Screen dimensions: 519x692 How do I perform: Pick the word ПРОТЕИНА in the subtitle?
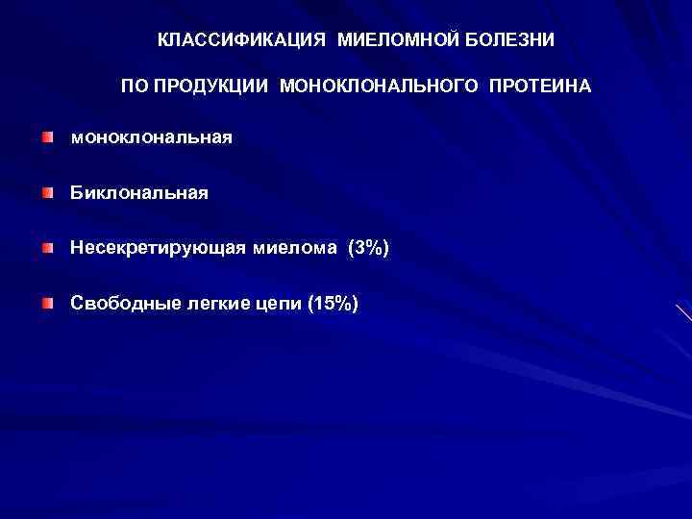pos(540,86)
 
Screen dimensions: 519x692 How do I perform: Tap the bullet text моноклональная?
pos(151,138)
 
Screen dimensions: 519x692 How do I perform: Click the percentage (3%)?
pos(369,249)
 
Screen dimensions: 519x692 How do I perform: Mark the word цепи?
pos(276,304)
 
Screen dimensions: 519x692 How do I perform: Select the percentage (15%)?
pos(333,304)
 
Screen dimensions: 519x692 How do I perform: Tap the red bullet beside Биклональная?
pos(48,194)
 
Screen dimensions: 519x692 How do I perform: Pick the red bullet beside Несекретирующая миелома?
pos(48,250)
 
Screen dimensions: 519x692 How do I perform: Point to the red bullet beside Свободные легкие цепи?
pos(48,305)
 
